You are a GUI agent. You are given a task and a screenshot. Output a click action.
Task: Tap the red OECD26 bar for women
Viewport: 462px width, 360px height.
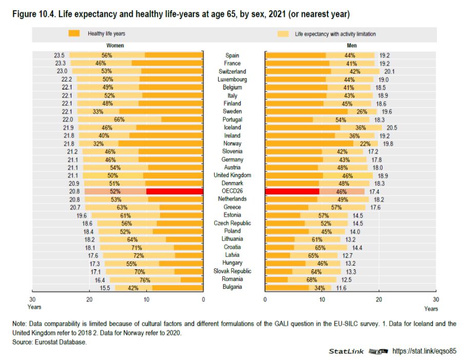(x=175, y=191)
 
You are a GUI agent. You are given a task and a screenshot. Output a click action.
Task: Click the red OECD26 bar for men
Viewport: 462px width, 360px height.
(x=292, y=191)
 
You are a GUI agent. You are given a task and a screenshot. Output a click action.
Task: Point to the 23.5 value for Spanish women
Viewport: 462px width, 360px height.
(x=59, y=55)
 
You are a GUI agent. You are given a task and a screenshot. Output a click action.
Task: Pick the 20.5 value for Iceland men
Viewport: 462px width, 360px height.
(x=391, y=127)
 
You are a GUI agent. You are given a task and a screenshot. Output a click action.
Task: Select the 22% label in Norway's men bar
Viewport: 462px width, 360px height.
(x=365, y=144)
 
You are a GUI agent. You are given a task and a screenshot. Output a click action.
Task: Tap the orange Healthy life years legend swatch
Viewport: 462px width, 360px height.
(x=74, y=33)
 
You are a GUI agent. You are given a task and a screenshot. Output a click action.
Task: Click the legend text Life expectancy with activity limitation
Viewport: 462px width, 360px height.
(x=335, y=34)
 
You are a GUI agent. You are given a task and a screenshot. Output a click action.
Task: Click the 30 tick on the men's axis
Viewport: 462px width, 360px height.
(x=435, y=299)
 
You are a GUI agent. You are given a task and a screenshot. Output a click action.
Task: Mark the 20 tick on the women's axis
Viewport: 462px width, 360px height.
(x=89, y=299)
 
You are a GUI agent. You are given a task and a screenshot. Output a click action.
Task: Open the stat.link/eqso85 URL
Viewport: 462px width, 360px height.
(x=424, y=351)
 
